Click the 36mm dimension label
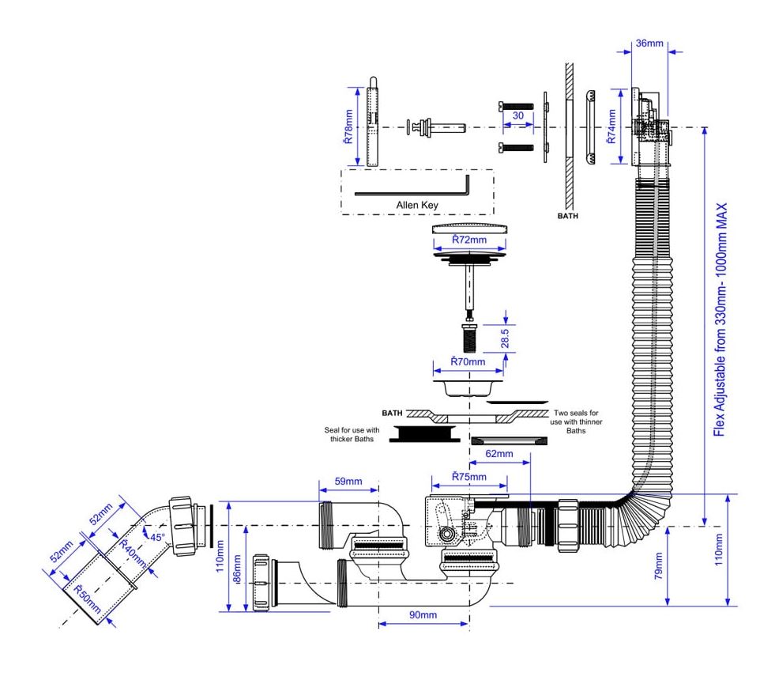(x=649, y=43)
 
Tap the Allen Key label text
(x=417, y=206)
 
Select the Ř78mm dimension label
(x=348, y=127)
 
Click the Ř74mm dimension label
(x=611, y=127)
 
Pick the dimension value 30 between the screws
(x=518, y=115)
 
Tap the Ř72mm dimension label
(x=469, y=240)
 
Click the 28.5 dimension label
(x=505, y=338)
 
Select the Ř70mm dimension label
(x=468, y=361)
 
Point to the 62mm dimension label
(x=499, y=454)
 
